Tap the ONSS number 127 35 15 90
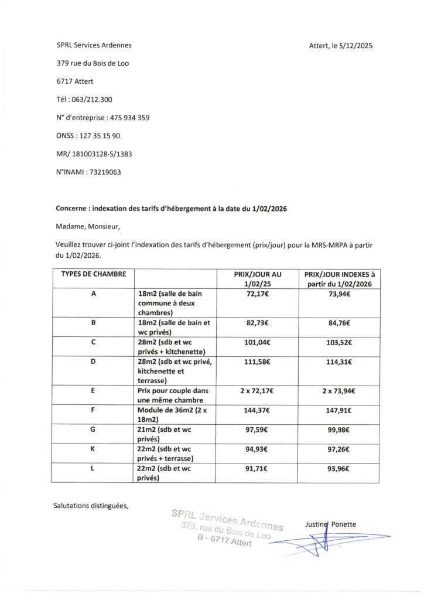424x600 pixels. click(x=99, y=135)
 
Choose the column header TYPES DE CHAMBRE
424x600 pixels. click(x=94, y=274)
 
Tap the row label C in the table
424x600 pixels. click(x=94, y=342)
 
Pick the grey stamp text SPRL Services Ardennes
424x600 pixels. click(x=227, y=519)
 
